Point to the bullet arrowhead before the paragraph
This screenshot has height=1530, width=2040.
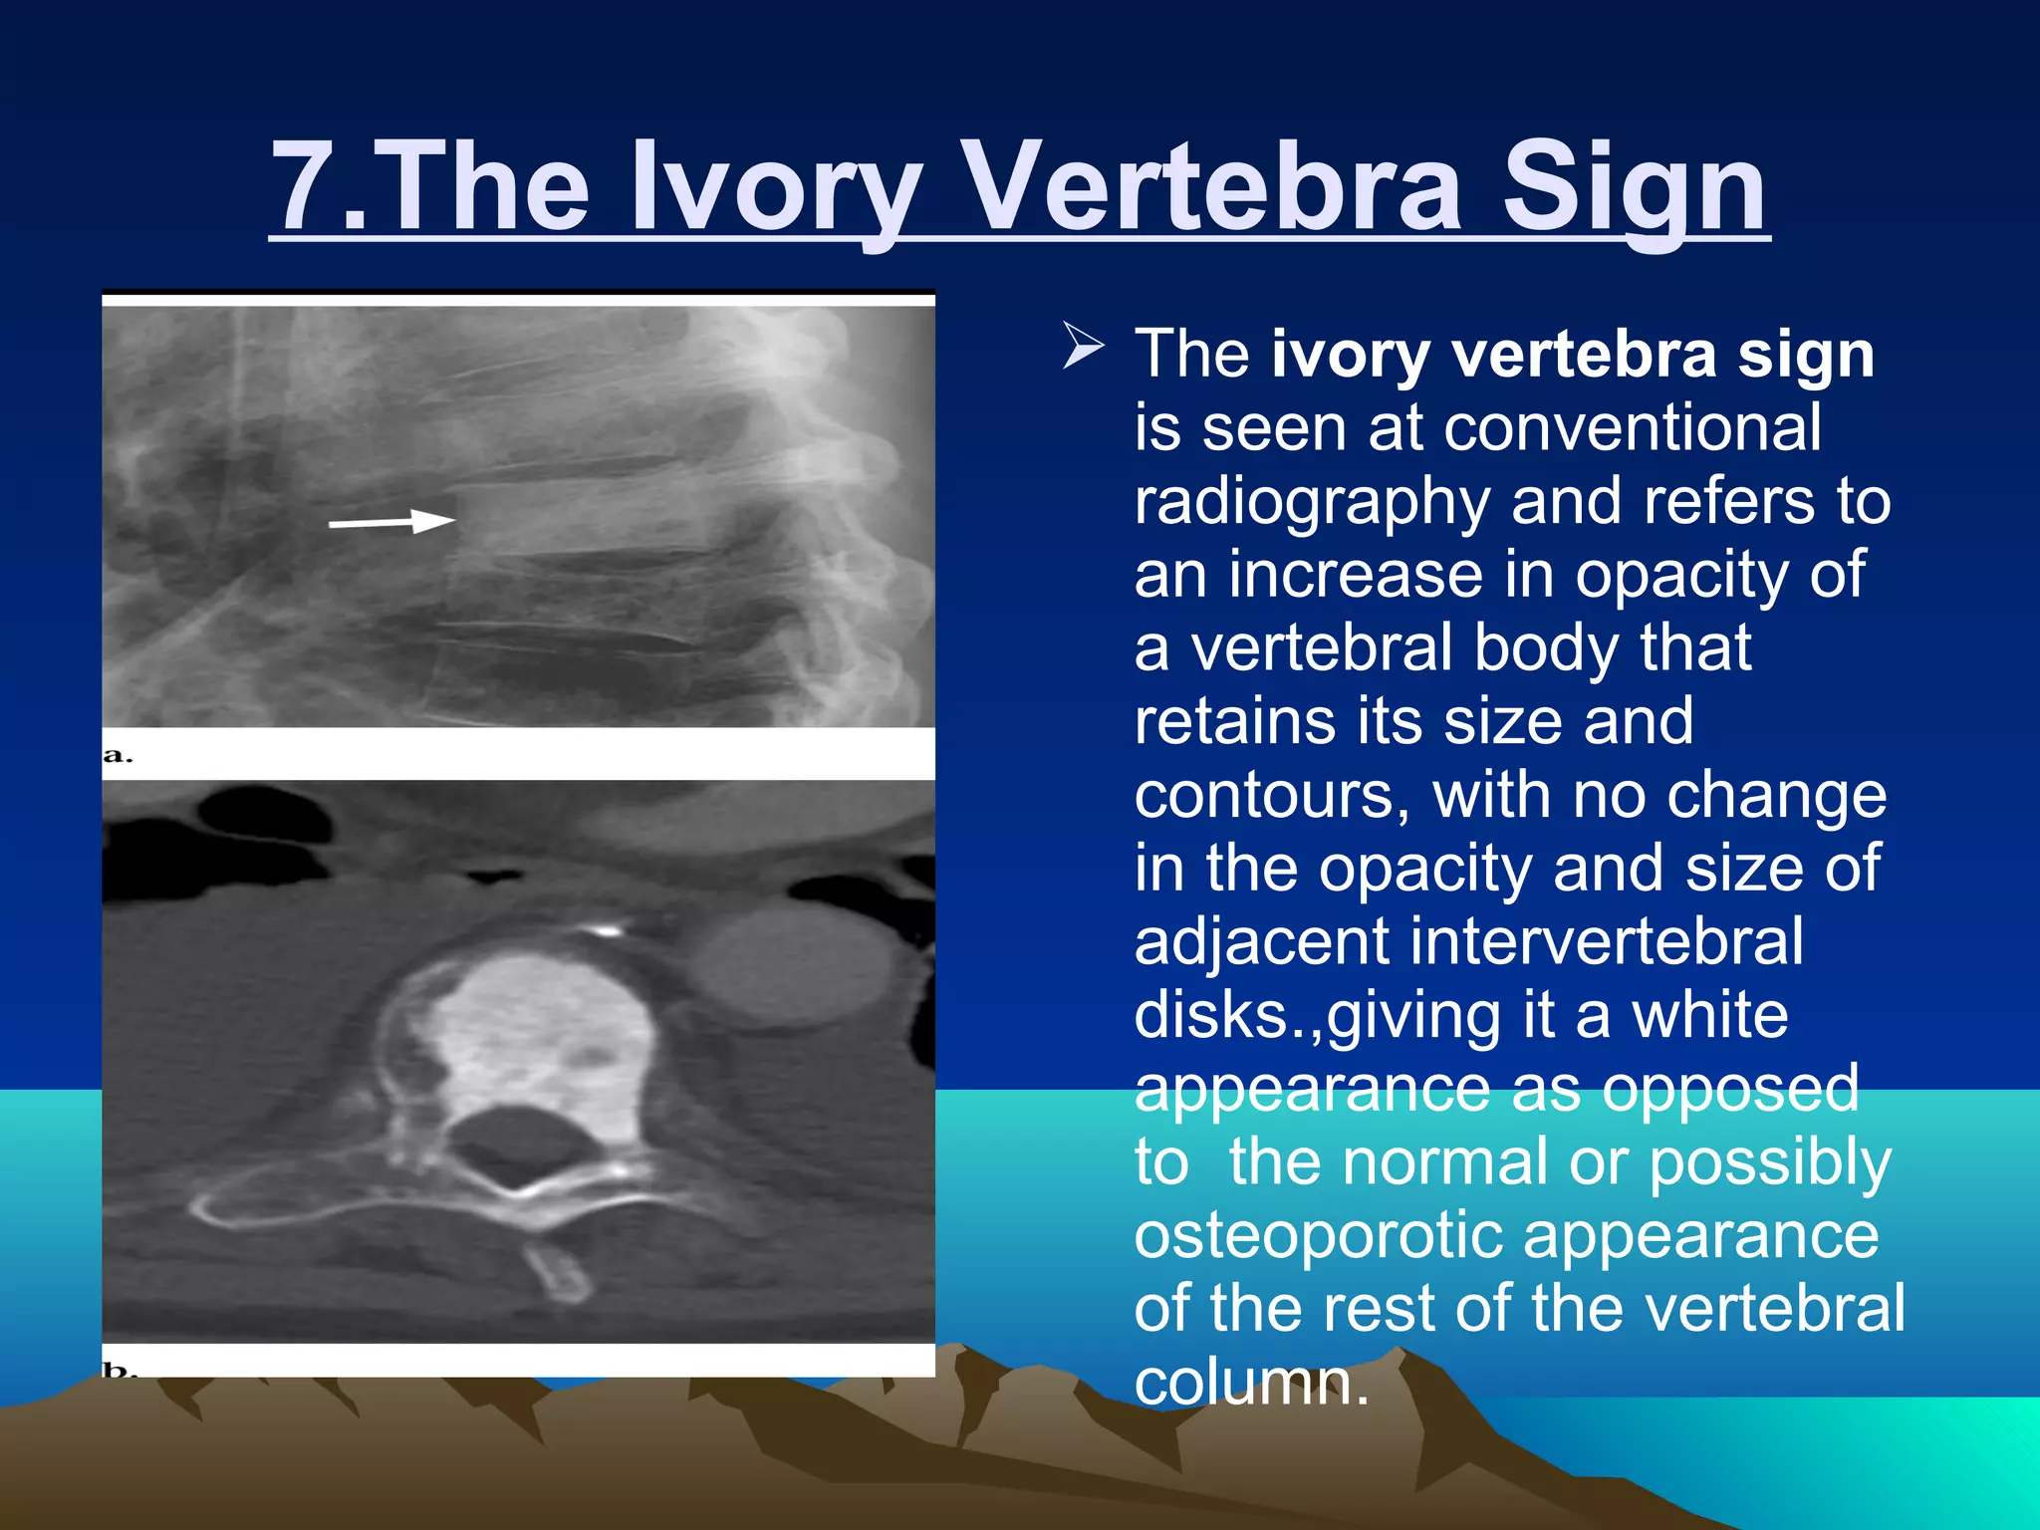[1083, 346]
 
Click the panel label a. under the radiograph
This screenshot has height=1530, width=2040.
[118, 755]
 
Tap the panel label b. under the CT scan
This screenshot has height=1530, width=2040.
[118, 1370]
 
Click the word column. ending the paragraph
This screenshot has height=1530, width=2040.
[1251, 1383]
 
